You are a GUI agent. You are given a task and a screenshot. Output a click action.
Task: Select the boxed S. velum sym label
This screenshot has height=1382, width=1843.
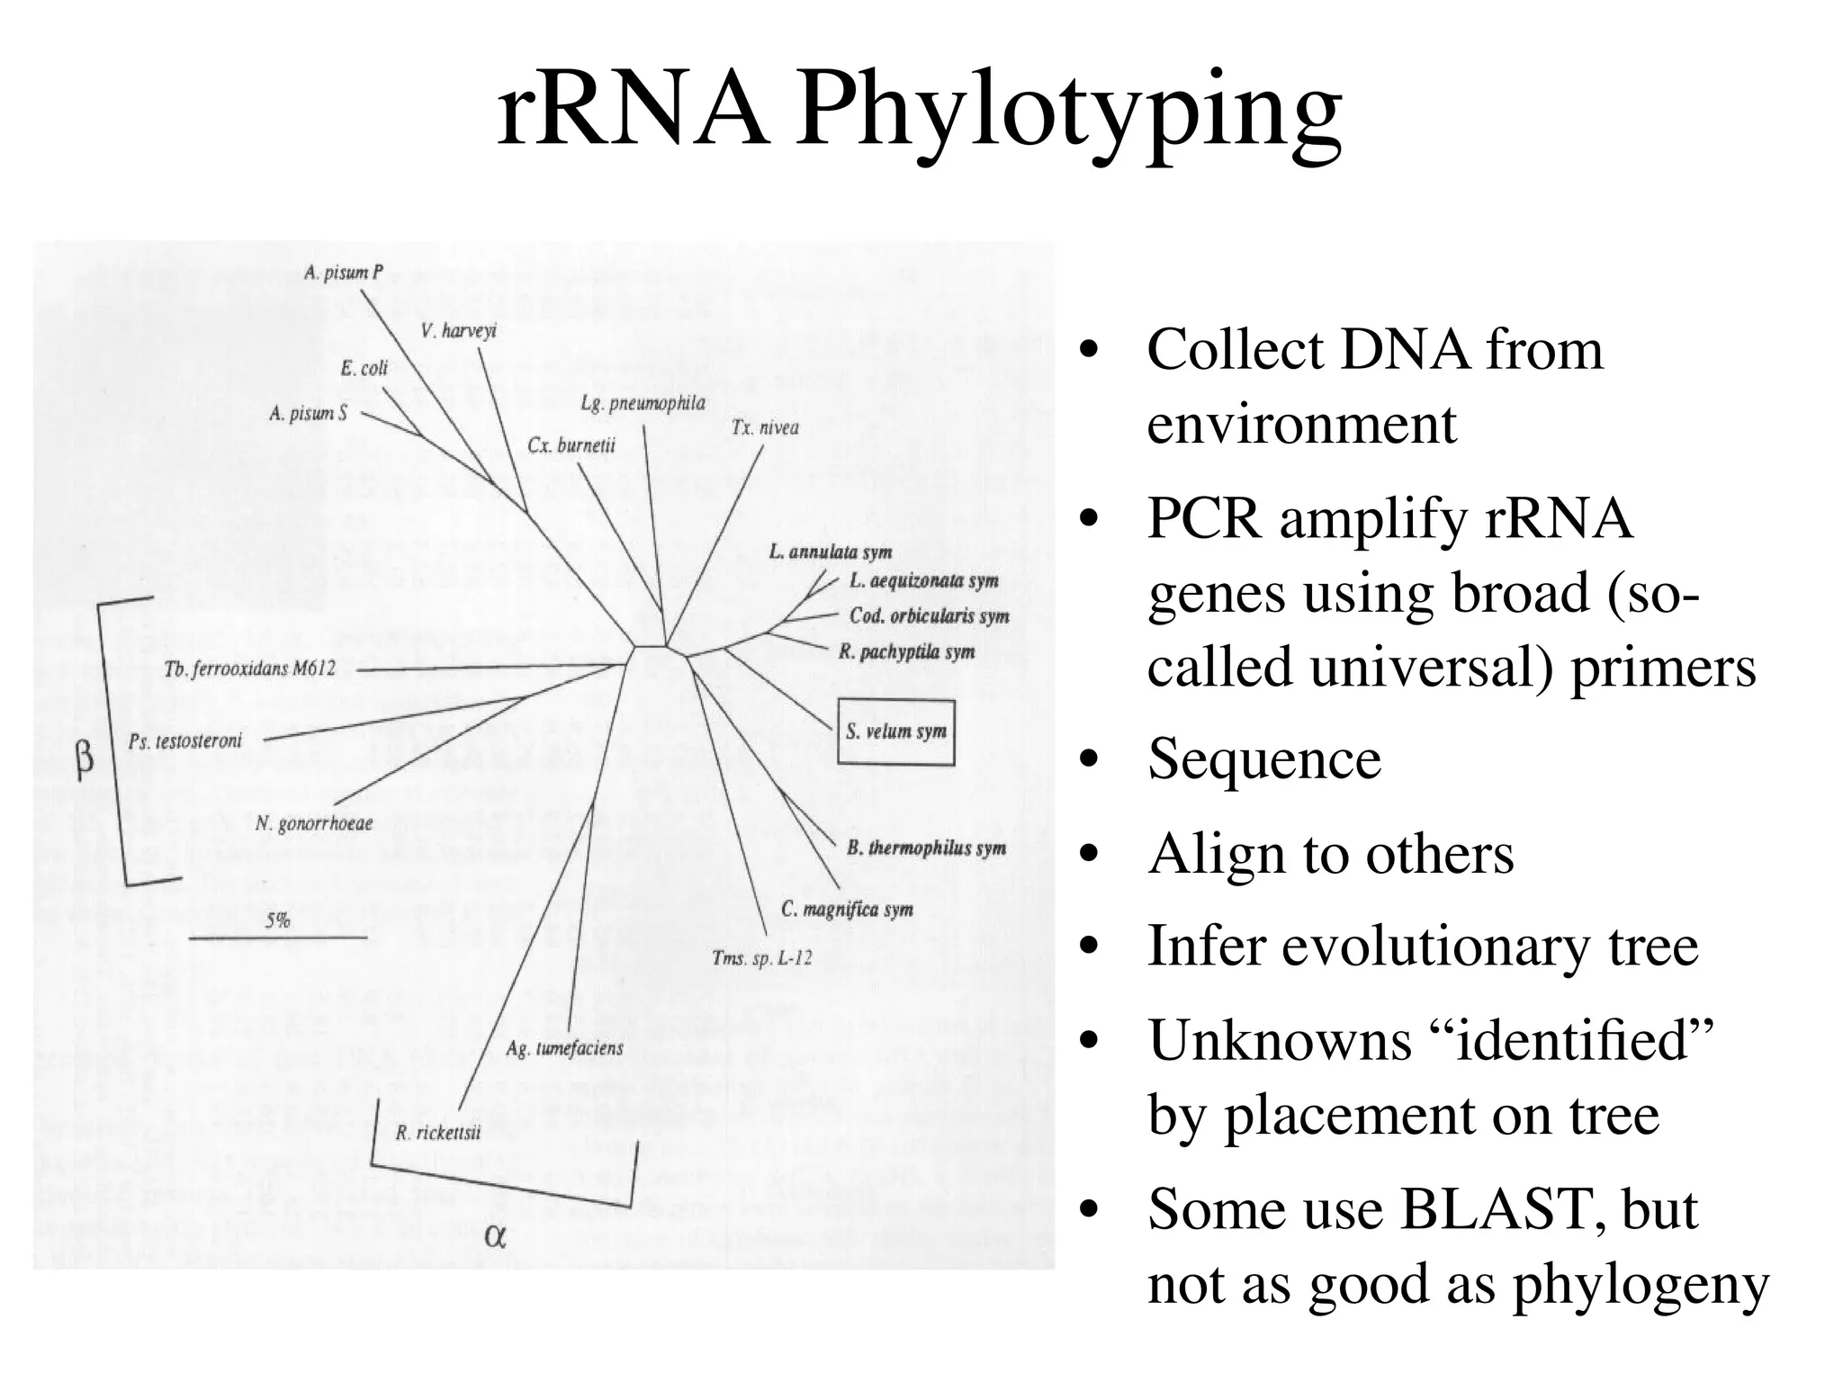tap(895, 731)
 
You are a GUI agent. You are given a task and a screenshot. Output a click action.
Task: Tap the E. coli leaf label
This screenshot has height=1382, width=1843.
tap(364, 368)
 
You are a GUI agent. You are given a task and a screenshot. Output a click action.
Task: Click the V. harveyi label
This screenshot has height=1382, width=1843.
tap(458, 331)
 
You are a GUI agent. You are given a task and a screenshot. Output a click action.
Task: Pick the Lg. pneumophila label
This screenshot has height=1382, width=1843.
tap(643, 402)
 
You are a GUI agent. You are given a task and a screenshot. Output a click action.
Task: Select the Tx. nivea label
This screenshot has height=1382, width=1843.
tap(765, 427)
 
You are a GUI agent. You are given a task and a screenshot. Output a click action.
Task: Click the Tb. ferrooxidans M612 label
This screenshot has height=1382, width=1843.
tap(250, 669)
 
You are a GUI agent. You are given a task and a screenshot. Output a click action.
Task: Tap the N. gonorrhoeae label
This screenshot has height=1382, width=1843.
tap(314, 823)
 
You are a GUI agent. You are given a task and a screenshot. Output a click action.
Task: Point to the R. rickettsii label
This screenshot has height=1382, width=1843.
tap(438, 1133)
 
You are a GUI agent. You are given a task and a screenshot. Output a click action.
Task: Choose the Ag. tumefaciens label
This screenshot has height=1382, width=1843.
tap(564, 1048)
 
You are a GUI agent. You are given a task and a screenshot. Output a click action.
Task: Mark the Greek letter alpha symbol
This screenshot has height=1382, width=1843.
tap(495, 1235)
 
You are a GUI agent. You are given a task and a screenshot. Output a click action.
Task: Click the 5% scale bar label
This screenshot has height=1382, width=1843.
tap(277, 920)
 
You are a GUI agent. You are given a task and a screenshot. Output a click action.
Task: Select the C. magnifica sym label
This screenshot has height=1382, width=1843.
tap(847, 910)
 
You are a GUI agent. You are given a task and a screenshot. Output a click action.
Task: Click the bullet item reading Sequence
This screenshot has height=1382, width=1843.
tap(1263, 758)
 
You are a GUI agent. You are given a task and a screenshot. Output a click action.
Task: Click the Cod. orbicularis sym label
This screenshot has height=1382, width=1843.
tap(929, 616)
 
